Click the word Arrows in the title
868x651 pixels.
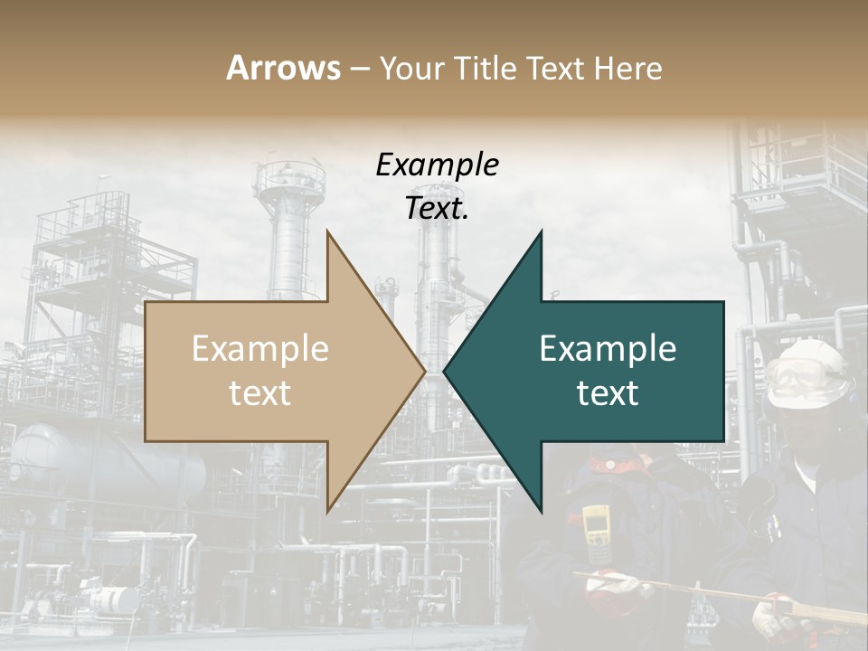284,68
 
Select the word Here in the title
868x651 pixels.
629,68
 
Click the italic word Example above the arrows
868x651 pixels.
437,165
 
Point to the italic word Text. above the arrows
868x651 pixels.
437,208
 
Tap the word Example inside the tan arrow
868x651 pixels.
260,349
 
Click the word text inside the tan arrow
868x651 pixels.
260,393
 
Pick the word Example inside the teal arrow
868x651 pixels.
608,349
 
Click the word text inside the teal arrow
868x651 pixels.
608,393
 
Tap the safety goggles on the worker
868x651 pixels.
795,376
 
